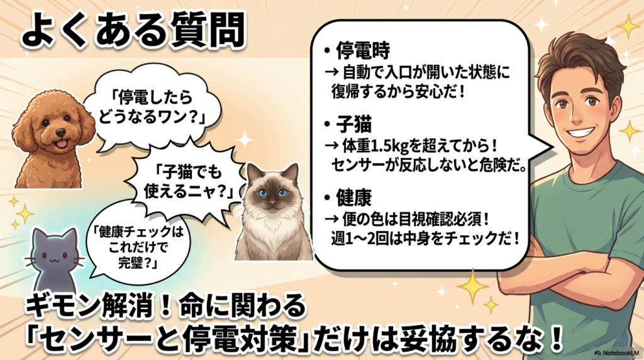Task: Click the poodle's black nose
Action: pyautogui.click(x=61, y=132)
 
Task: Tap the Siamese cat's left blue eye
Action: pyautogui.click(x=263, y=193)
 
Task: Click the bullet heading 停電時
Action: pyautogui.click(x=363, y=50)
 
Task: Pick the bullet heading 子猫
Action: pyautogui.click(x=353, y=124)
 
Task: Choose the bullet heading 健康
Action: pyautogui.click(x=353, y=197)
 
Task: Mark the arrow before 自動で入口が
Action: pyautogui.click(x=331, y=73)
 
